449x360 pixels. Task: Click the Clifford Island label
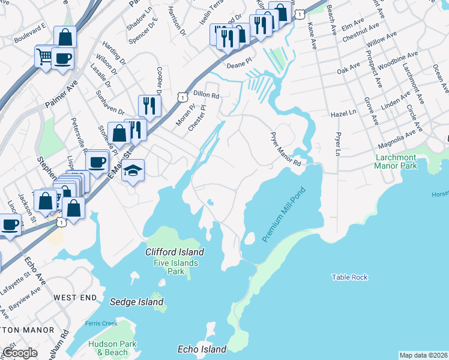[x=175, y=252]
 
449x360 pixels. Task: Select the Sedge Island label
[x=136, y=302]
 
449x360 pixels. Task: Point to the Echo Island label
[x=202, y=349]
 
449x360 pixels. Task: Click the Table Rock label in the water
[x=349, y=277]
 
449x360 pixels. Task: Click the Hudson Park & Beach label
[x=112, y=348]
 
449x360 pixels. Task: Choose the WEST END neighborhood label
[x=74, y=298]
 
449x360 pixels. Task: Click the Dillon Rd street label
[x=206, y=95]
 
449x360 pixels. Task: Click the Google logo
[x=20, y=353]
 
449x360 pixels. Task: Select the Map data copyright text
[x=423, y=355]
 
